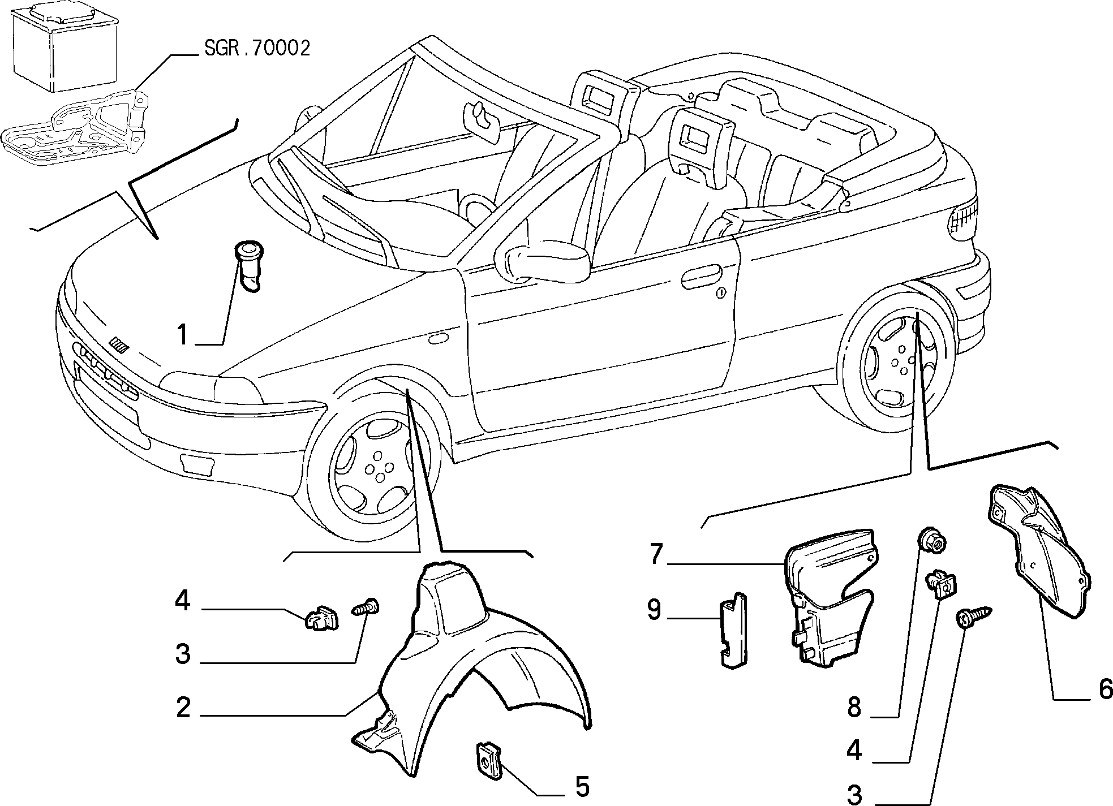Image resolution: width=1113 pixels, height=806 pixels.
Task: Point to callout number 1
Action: [182, 335]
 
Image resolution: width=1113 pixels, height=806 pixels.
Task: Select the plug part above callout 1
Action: [249, 265]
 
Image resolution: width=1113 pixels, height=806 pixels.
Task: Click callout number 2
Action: [183, 707]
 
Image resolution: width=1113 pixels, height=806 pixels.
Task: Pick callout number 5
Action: [582, 786]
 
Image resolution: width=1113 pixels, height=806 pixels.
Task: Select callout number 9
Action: [655, 610]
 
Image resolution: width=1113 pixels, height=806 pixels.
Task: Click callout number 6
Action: [1104, 689]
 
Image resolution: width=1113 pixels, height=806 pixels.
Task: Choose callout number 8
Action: [854, 707]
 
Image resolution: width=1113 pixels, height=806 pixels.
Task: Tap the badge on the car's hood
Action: [120, 344]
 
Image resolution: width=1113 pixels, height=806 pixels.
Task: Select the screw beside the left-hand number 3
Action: [365, 609]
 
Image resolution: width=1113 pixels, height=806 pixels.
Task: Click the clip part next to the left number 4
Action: [321, 618]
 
